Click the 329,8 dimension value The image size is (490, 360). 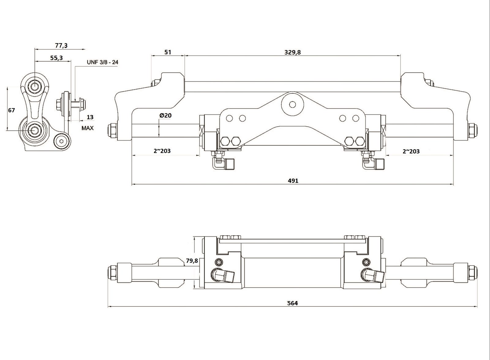(x=292, y=52)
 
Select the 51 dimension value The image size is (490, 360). (x=168, y=52)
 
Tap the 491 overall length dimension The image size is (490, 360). (x=293, y=180)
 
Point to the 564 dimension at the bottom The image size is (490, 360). (x=292, y=303)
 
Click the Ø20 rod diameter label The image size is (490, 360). (x=165, y=115)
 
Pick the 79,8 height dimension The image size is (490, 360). (x=192, y=261)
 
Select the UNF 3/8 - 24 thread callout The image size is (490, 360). (x=103, y=62)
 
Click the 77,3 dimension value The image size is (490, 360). (x=61, y=46)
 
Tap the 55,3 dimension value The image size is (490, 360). (x=56, y=58)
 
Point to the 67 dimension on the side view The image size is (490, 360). (x=11, y=110)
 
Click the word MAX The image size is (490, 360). (x=88, y=128)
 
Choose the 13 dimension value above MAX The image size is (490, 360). (x=90, y=117)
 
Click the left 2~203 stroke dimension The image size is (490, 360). (x=162, y=151)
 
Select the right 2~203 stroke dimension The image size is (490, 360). (x=411, y=151)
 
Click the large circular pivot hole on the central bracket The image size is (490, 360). (x=292, y=104)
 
